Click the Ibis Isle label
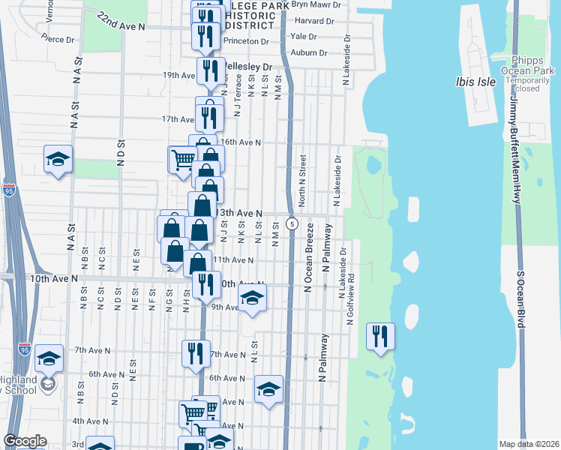click(x=475, y=82)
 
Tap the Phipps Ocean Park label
click(x=532, y=65)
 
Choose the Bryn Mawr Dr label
click(x=317, y=4)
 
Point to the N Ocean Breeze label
click(x=307, y=265)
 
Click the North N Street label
click(x=302, y=181)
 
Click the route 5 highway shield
click(x=292, y=223)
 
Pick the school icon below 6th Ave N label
click(x=268, y=388)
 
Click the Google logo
click(x=25, y=441)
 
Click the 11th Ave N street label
click(x=233, y=260)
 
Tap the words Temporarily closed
click(x=532, y=83)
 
